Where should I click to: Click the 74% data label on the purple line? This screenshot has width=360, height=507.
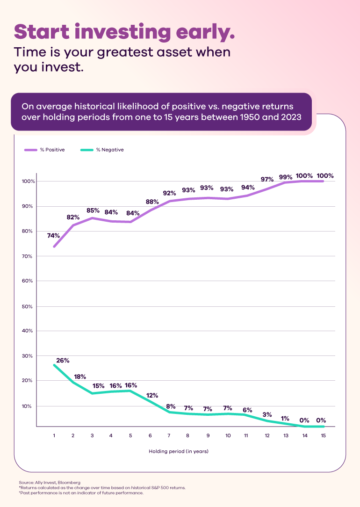pyautogui.click(x=53, y=236)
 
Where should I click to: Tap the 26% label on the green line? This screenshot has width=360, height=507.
pyautogui.click(x=63, y=361)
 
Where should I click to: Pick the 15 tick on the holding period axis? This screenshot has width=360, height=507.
pyautogui.click(x=323, y=435)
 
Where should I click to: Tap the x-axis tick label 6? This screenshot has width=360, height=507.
pyautogui.click(x=150, y=435)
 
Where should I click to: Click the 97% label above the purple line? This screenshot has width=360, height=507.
pyautogui.click(x=267, y=180)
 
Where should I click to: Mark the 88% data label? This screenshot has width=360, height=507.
pyautogui.click(x=152, y=202)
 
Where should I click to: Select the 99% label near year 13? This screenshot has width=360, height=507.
pyautogui.click(x=286, y=177)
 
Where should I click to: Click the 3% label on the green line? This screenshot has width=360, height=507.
pyautogui.click(x=266, y=414)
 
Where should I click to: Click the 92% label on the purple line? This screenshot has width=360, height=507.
pyautogui.click(x=169, y=193)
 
